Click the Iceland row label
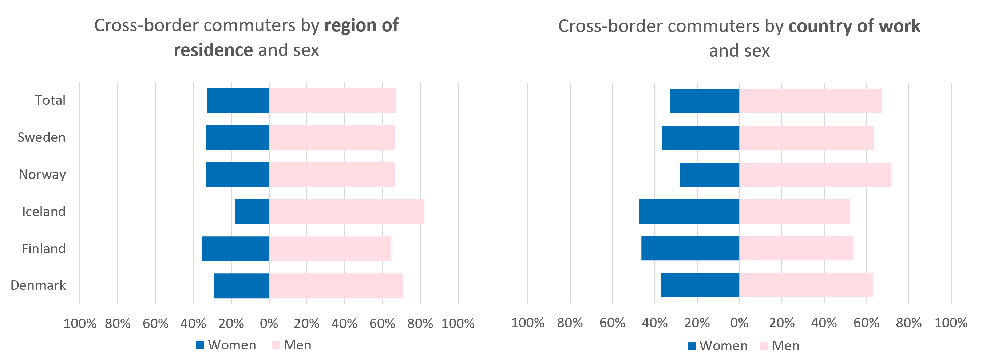[x=44, y=212]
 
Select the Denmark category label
[x=38, y=285]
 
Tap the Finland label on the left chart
[x=44, y=249]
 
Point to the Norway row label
[x=43, y=175]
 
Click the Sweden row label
[x=42, y=137]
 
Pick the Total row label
[x=50, y=100]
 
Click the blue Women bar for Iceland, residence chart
[x=252, y=212]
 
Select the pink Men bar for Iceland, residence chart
[x=347, y=212]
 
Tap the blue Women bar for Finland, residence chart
[x=235, y=249]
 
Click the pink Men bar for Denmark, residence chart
[x=336, y=286]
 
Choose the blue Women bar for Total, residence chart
[x=238, y=101]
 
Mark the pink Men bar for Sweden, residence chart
[x=332, y=138]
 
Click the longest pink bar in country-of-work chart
[x=815, y=175]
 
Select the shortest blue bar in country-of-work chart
[x=709, y=175]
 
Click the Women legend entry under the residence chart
[x=226, y=345]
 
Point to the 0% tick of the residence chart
[x=269, y=324]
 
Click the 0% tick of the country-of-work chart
[x=739, y=323]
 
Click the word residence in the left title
[x=213, y=50]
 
